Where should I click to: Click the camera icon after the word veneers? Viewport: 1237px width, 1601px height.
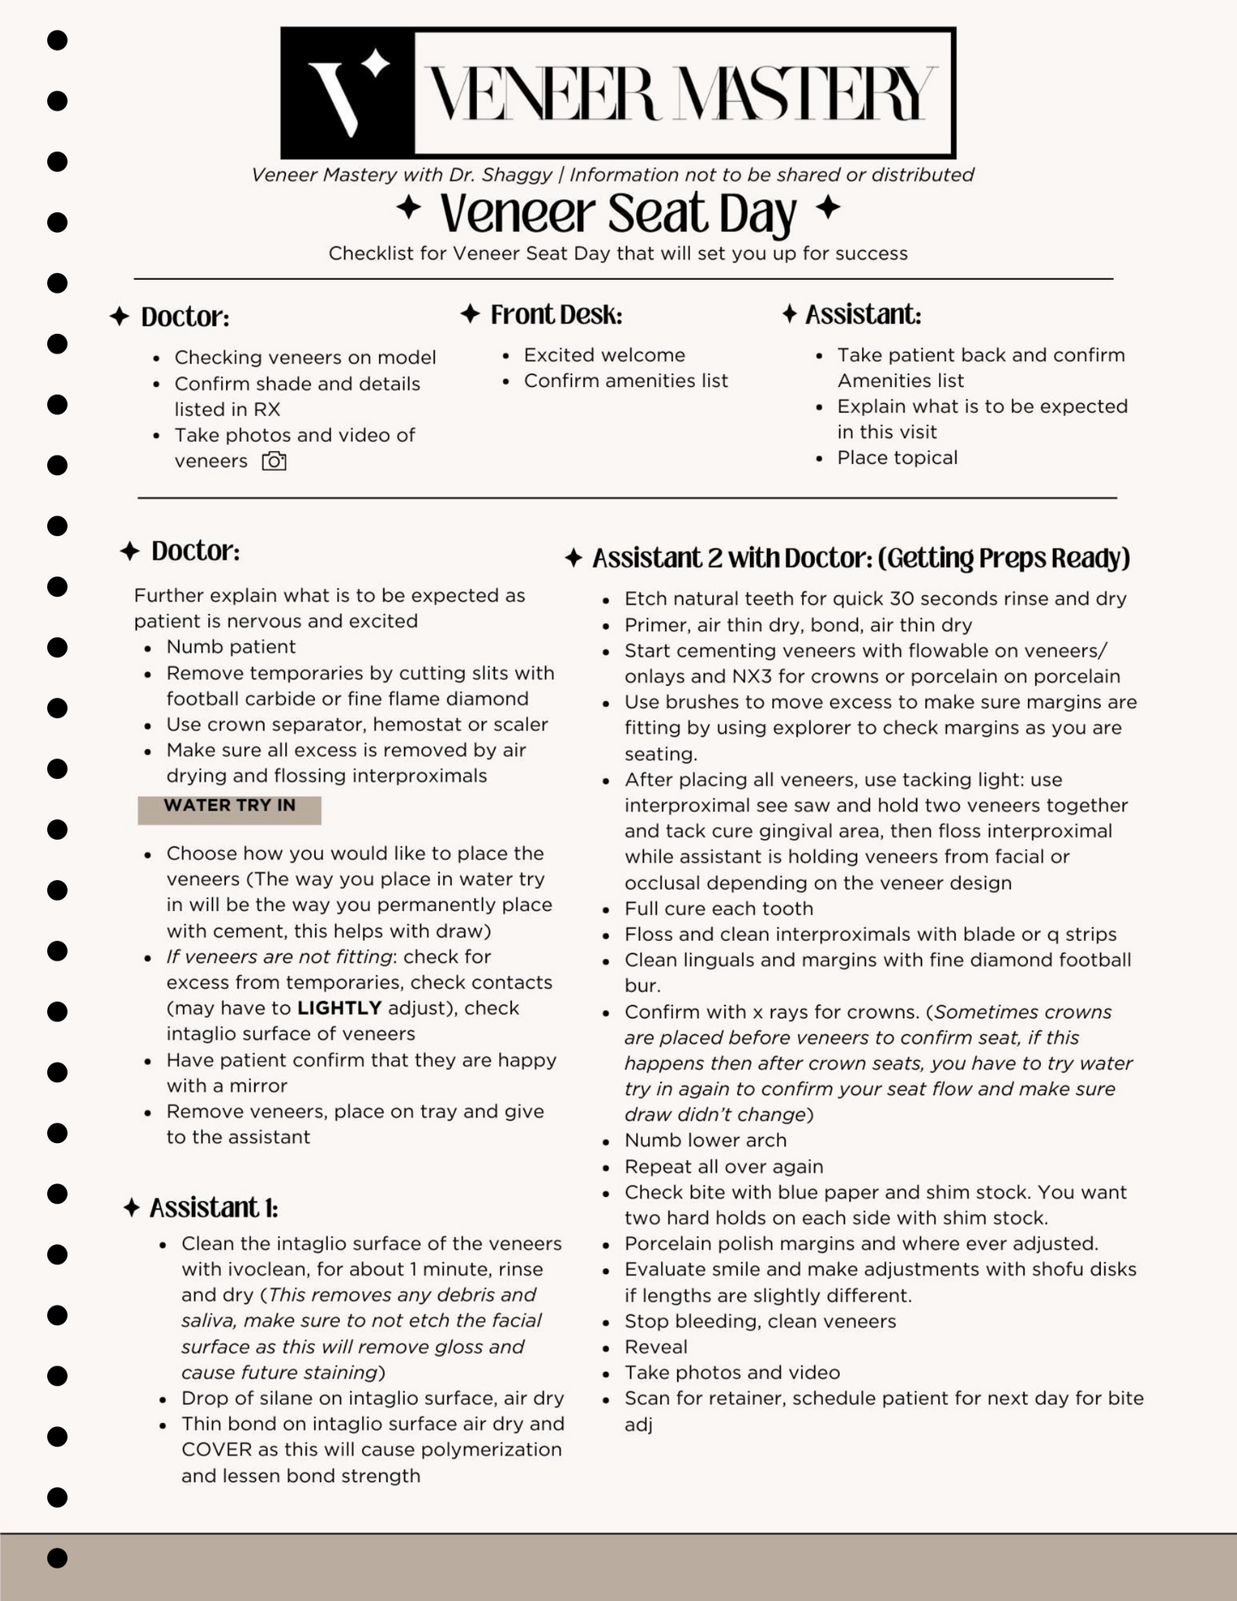tap(274, 461)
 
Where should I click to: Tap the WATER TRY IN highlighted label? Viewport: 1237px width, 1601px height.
tap(229, 806)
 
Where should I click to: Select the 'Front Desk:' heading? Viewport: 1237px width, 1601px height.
tap(556, 315)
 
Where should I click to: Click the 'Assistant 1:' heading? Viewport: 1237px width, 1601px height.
tap(213, 1208)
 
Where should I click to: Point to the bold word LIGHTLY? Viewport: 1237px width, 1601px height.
tap(339, 1008)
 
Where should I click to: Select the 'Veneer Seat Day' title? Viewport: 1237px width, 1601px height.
tap(618, 213)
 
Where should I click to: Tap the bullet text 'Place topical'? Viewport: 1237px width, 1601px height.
tap(897, 458)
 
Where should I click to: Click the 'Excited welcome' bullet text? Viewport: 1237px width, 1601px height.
tap(604, 355)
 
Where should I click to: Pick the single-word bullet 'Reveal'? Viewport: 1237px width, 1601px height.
tap(656, 1347)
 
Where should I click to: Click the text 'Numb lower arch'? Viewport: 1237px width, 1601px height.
tap(705, 1140)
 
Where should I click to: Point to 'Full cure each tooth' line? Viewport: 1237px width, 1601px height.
tap(719, 908)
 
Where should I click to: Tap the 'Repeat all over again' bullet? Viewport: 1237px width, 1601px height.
tap(724, 1166)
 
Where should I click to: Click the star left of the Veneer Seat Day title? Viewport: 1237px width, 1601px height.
tap(409, 207)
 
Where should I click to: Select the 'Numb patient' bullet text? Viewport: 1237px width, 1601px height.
tap(231, 647)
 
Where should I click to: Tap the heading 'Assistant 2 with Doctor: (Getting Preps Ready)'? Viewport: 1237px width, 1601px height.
tap(861, 558)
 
